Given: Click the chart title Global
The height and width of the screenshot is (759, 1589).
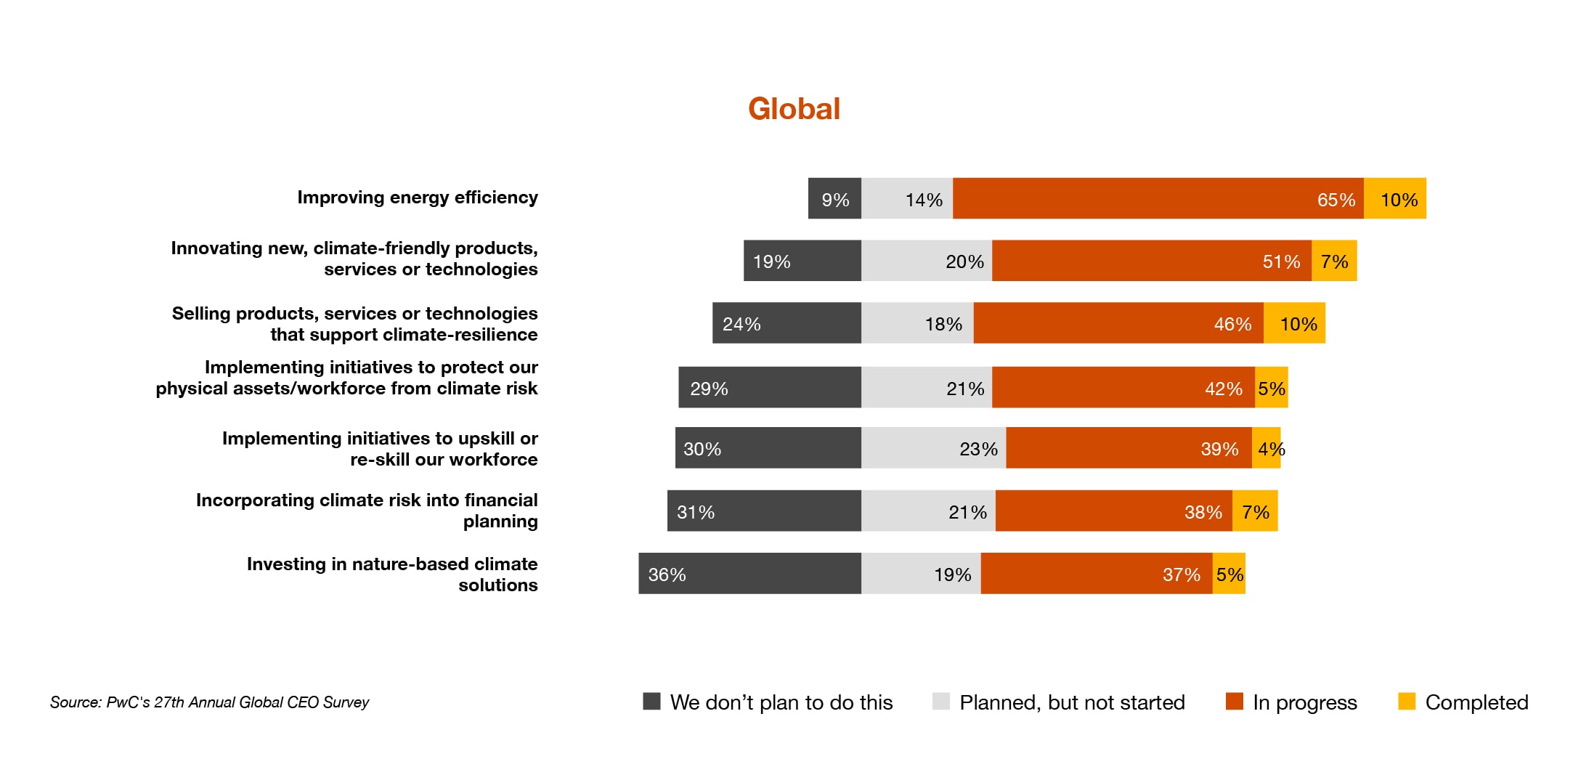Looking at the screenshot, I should pyautogui.click(x=794, y=109).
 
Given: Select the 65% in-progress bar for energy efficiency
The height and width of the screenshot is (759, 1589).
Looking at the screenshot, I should pyautogui.click(x=1158, y=198).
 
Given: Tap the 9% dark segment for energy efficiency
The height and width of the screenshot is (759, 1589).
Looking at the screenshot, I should pyautogui.click(x=834, y=198).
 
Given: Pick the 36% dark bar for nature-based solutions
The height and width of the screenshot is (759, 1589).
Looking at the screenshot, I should pyautogui.click(x=749, y=573).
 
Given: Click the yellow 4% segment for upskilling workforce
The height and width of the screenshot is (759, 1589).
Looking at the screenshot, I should pyautogui.click(x=1267, y=448).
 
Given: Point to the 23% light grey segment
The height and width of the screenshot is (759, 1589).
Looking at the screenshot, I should pyautogui.click(x=933, y=448).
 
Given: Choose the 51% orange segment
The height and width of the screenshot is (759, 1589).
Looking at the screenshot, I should pyautogui.click(x=1151, y=261).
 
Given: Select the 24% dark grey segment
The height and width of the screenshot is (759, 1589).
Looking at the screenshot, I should pyautogui.click(x=787, y=323).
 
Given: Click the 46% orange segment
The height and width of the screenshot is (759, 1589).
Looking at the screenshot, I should pyautogui.click(x=1118, y=323).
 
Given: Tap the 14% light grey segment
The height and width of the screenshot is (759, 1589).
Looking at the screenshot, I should pyautogui.click(x=907, y=198).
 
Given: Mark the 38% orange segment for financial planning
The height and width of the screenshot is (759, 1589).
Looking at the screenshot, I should pyautogui.click(x=1113, y=511).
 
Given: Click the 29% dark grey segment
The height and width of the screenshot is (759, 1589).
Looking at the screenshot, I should pyautogui.click(x=770, y=387).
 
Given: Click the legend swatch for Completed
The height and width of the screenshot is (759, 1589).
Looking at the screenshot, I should pyautogui.click(x=1407, y=701).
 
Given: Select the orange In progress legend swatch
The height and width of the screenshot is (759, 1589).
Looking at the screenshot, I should pyautogui.click(x=1234, y=701).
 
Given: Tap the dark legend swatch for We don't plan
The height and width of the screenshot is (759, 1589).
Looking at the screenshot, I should pyautogui.click(x=651, y=701).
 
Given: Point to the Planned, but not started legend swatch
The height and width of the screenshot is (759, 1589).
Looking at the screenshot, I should pyautogui.click(x=940, y=701).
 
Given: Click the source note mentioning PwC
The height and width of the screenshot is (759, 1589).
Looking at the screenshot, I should pyautogui.click(x=209, y=702).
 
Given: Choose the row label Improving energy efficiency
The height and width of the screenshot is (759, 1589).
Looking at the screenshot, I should pyautogui.click(x=418, y=198).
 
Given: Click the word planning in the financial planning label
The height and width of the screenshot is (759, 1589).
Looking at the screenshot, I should pyautogui.click(x=500, y=521).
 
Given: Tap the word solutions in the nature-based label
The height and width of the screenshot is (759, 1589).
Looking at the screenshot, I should pyautogui.click(x=497, y=585).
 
